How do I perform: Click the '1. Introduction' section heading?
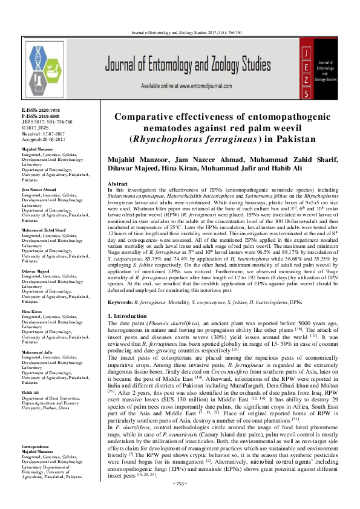click(x=128, y=316)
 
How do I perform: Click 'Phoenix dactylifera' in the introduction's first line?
click(x=177, y=324)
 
